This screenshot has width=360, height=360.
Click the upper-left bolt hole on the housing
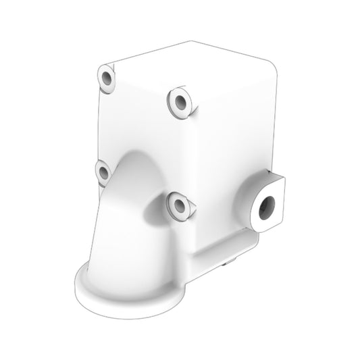point(107,79)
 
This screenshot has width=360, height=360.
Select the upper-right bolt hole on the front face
point(180,103)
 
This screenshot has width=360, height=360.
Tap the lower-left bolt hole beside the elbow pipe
point(103,173)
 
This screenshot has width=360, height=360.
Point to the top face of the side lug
point(273,178)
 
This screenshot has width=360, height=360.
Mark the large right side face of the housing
point(236,135)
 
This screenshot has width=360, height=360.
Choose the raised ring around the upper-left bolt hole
point(101,74)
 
